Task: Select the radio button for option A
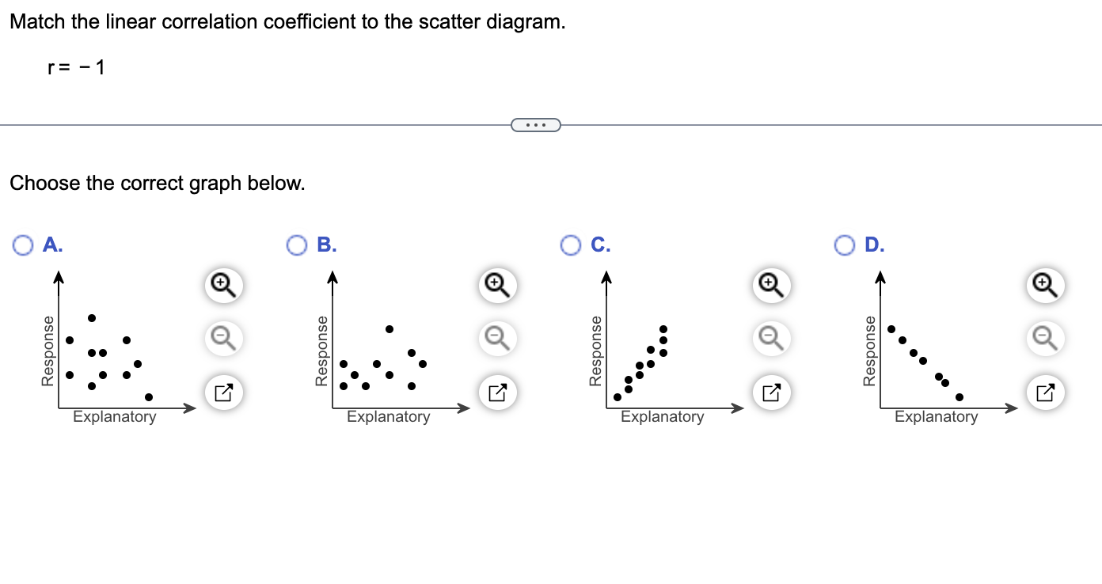22,245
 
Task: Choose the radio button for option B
297,245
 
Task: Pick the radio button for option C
571,245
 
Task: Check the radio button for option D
845,245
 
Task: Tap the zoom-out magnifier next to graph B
496,339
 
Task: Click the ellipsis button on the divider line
535,125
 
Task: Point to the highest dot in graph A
92,318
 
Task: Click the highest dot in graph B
389,329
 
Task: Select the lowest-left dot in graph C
617,396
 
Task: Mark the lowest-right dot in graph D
959,396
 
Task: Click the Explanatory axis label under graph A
115,417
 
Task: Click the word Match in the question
38,22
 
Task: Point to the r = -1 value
76,68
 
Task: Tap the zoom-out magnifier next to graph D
1044,339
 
